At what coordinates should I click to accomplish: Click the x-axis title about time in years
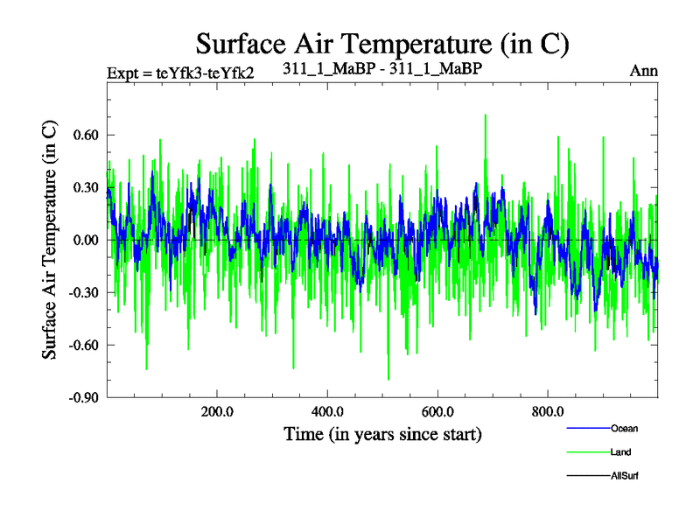[x=382, y=434]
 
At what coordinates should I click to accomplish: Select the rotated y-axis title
[x=50, y=239]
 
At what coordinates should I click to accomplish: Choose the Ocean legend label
[x=625, y=428]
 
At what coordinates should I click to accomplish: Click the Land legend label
[x=620, y=452]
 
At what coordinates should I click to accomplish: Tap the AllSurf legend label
[x=626, y=477]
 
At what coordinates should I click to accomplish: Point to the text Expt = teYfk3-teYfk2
[x=180, y=72]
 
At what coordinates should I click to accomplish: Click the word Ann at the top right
[x=644, y=71]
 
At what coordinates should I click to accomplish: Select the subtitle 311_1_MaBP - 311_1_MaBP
[x=383, y=67]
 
